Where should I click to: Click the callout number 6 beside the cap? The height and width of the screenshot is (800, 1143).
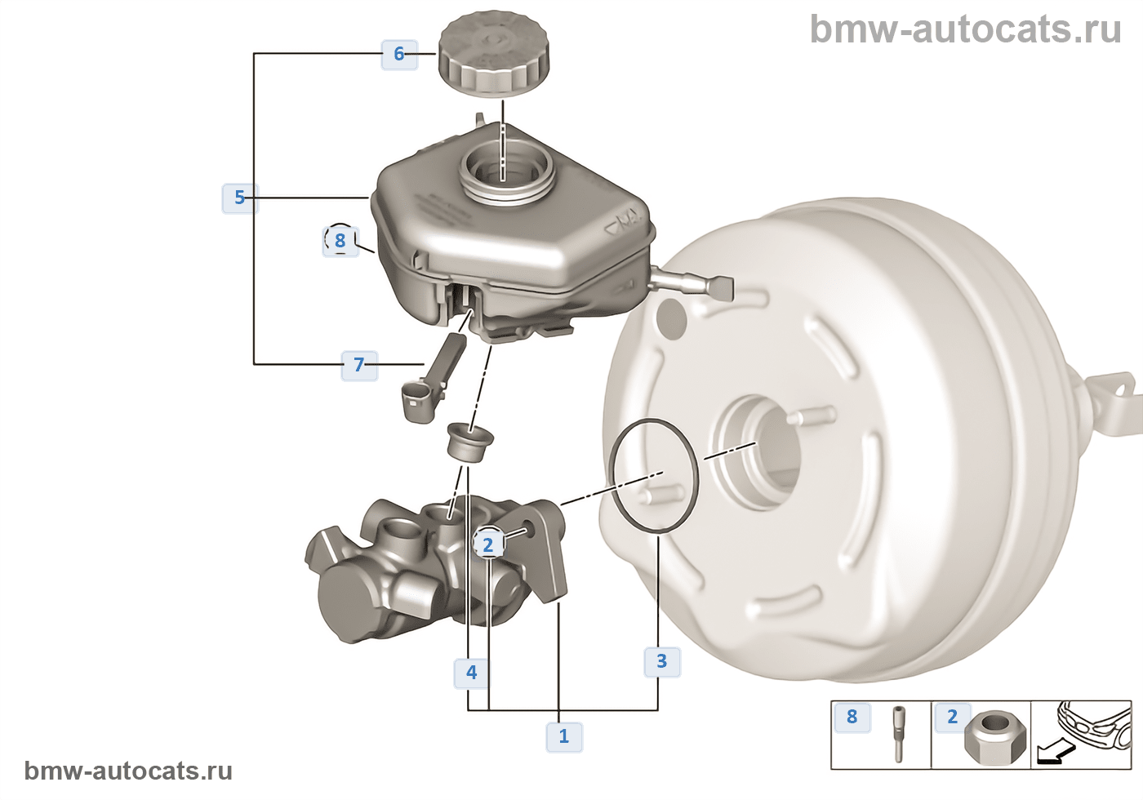(399, 54)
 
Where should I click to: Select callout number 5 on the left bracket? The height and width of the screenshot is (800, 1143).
(239, 198)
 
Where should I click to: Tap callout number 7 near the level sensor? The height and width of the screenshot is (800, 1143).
(358, 364)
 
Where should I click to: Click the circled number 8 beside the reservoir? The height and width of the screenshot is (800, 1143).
(340, 240)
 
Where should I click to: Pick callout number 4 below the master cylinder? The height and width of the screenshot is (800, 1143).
(471, 673)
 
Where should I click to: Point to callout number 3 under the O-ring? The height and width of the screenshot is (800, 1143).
(661, 660)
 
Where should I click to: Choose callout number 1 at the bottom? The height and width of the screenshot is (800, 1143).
(563, 736)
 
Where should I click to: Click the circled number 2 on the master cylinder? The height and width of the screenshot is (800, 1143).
(488, 544)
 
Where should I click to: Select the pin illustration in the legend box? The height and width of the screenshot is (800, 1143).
(898, 733)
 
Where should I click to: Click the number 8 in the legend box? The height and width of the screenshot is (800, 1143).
(852, 717)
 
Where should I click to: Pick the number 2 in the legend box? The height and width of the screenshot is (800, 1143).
(952, 717)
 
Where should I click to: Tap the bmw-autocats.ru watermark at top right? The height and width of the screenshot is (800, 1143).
(965, 29)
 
